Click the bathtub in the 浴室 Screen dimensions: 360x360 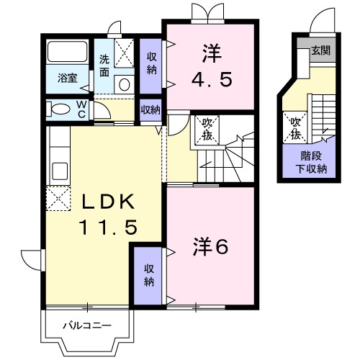pos(68,52)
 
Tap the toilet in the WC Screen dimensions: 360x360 pos(58,109)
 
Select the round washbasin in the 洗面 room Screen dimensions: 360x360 pos(125,84)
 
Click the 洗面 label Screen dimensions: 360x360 pos(104,66)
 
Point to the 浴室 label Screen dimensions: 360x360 pos(68,78)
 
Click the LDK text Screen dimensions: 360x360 pos(108,202)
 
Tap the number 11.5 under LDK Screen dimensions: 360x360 pos(108,227)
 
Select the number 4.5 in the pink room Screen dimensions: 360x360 pos(212,79)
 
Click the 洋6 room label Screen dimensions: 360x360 pos(210,246)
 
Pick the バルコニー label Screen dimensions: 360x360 pos(87,325)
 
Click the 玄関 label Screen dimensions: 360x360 pos(321,51)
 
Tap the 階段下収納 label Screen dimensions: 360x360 pos(312,163)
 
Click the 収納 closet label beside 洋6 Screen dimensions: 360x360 pos(149,275)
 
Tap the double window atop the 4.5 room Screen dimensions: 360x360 pos(208,13)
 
